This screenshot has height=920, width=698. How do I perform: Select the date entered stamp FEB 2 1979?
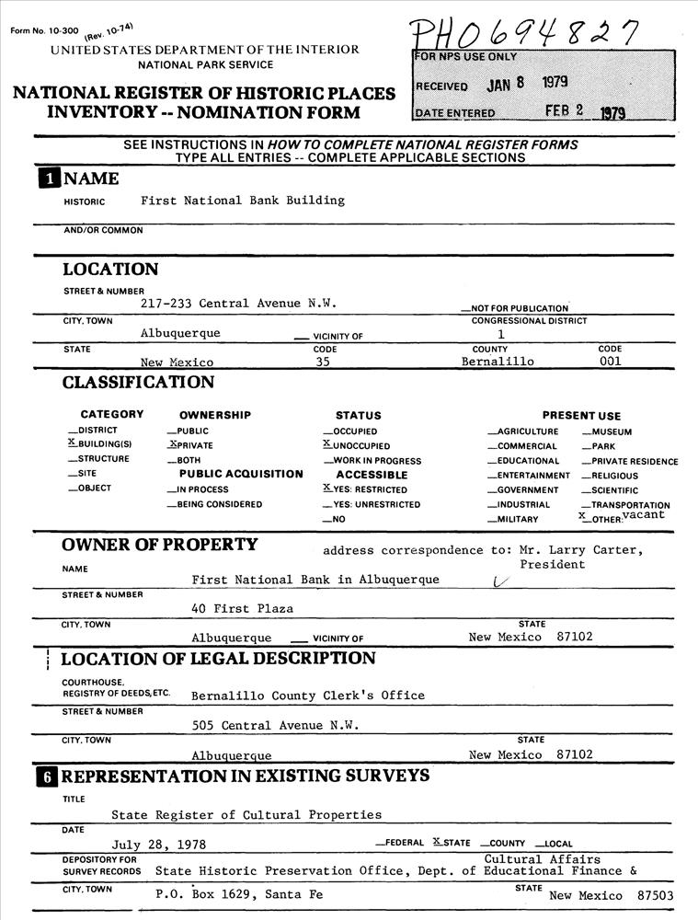pyautogui.click(x=585, y=111)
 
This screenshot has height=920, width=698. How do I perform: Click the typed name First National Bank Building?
pyautogui.click(x=243, y=201)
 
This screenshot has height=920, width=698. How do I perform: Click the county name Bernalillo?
pyautogui.click(x=498, y=362)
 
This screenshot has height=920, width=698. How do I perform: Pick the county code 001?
pyautogui.click(x=610, y=362)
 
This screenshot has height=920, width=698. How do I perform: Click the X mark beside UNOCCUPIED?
pyautogui.click(x=326, y=444)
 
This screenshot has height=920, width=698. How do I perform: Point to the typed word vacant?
pyautogui.click(x=643, y=515)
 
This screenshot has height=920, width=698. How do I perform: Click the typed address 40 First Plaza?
pyautogui.click(x=242, y=609)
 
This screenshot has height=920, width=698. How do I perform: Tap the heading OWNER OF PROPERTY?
pyautogui.click(x=160, y=545)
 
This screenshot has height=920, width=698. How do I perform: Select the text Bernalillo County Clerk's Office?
pyautogui.click(x=308, y=696)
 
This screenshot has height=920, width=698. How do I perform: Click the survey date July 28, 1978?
pyautogui.click(x=159, y=845)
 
